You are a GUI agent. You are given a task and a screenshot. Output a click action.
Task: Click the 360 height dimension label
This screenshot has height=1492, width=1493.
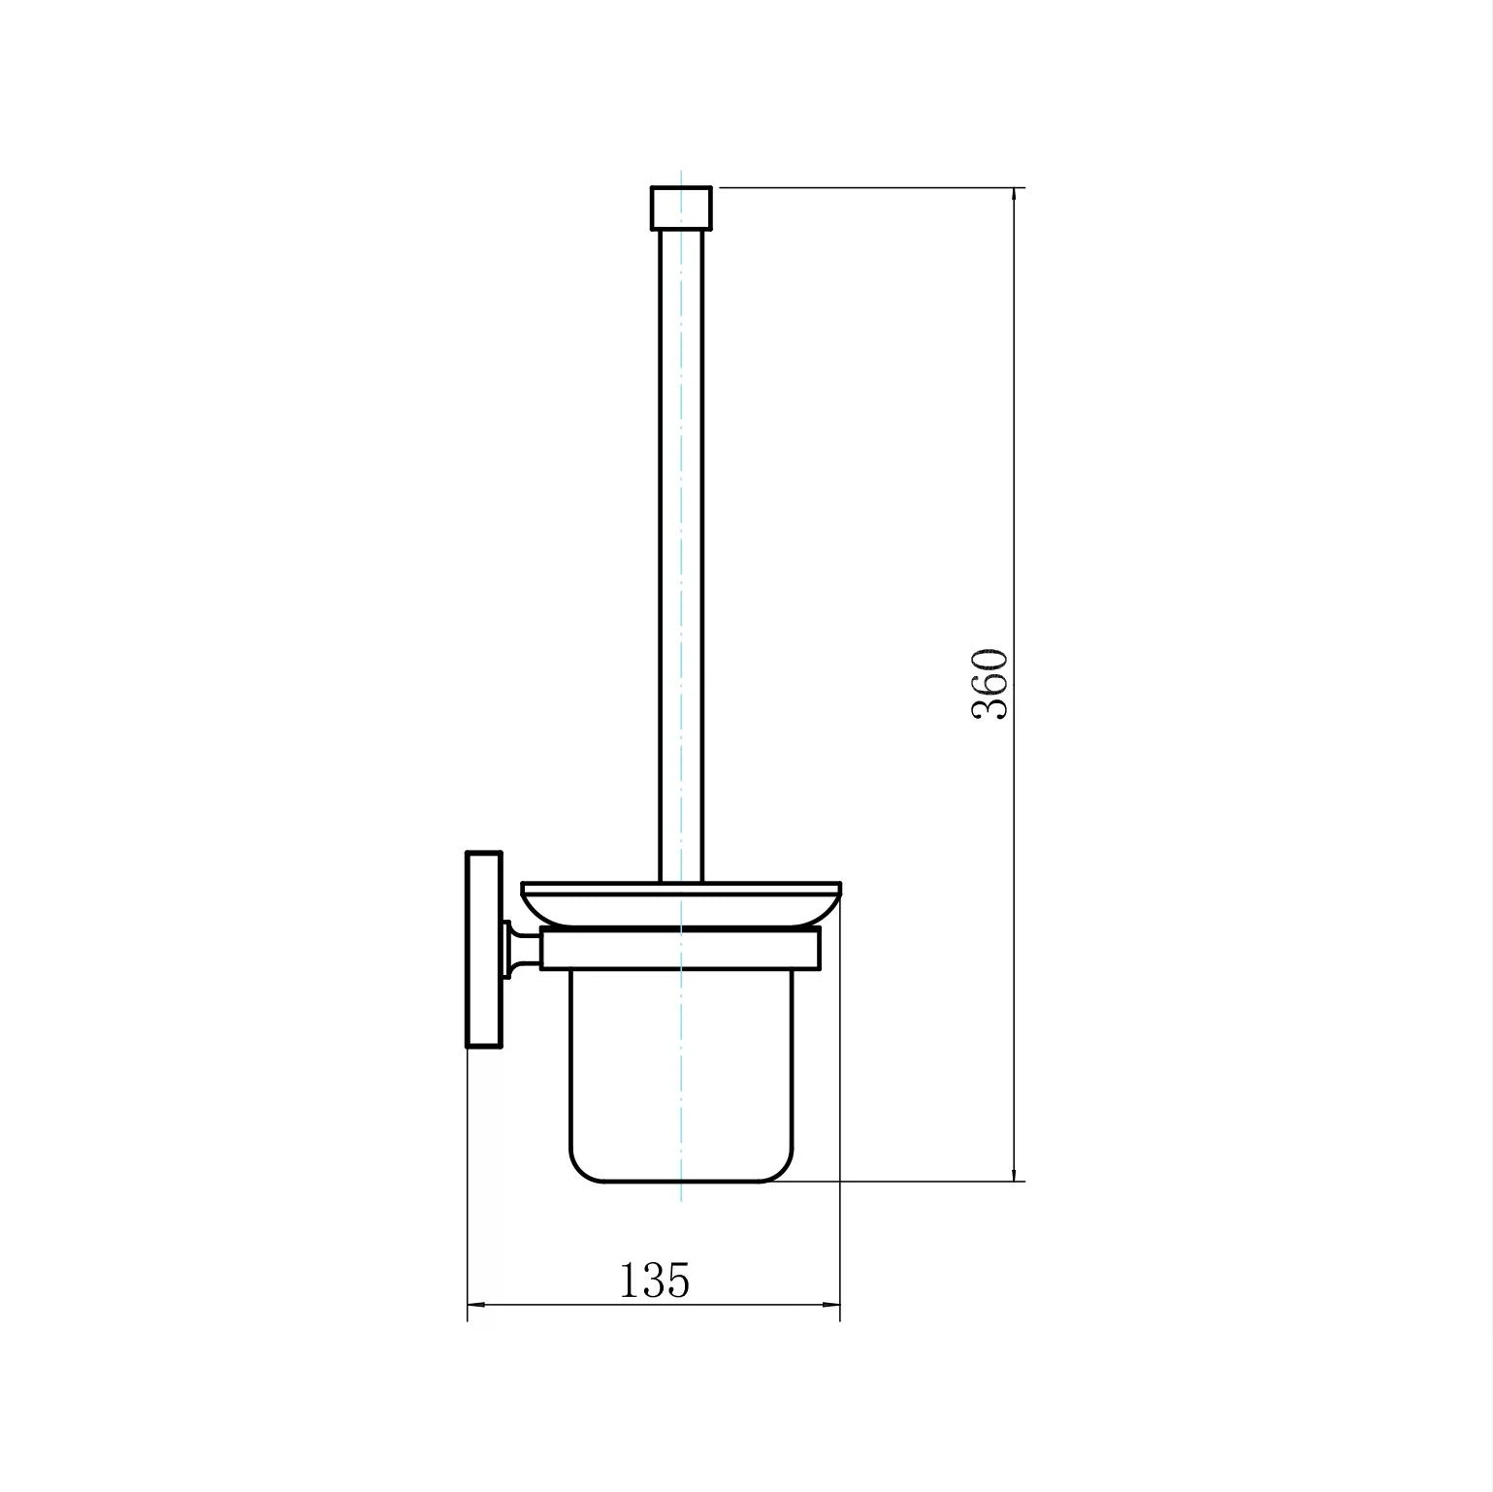990,684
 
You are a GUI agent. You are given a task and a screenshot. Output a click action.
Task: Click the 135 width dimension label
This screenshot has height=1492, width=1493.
655,1280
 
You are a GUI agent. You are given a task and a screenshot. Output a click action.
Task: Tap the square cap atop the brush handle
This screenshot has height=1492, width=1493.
681,207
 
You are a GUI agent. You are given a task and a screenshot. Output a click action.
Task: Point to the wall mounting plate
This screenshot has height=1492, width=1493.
485,950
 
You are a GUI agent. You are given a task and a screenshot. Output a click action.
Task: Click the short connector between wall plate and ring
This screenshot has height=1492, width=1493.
522,948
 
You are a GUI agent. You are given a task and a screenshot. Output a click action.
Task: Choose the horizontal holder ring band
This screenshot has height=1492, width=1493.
681,949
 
